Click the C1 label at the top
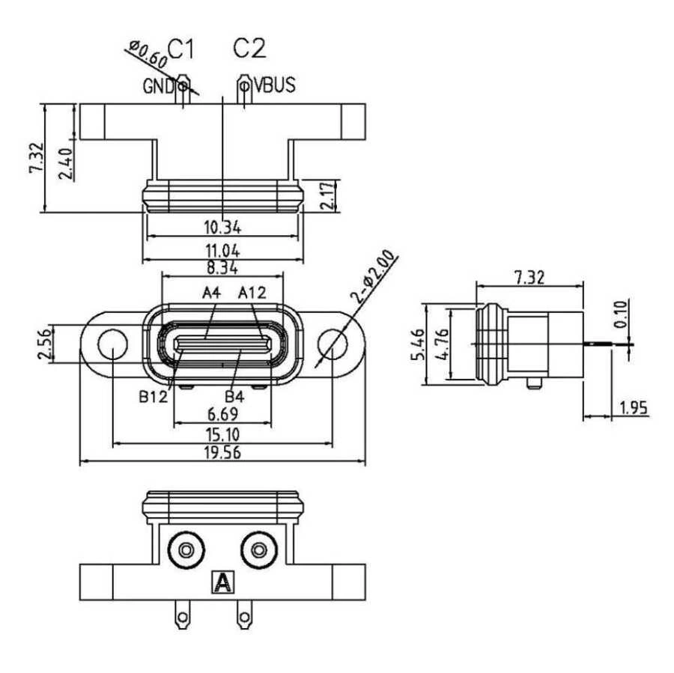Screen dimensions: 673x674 (180, 49)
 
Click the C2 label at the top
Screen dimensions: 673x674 (249, 49)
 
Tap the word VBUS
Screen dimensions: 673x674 (274, 85)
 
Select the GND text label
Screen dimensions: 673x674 (159, 85)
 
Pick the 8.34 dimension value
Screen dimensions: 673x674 (223, 267)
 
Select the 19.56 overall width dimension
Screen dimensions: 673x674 (223, 452)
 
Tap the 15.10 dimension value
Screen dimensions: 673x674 (223, 434)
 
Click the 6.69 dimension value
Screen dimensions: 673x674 (223, 415)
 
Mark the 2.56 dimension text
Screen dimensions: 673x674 (47, 344)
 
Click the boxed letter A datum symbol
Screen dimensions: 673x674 (222, 582)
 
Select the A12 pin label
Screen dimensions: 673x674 (252, 293)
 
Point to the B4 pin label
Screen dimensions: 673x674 (234, 395)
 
